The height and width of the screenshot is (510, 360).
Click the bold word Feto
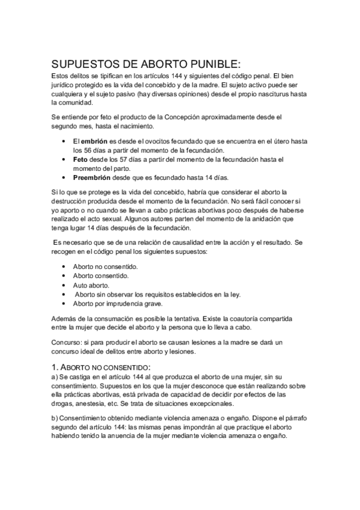[80, 159]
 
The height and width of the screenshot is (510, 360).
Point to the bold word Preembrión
[93, 178]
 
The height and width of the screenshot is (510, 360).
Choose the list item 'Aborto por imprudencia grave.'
[114, 304]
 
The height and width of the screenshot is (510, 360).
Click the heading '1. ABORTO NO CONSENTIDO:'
[101, 366]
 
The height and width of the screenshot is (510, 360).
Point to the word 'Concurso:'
[66, 341]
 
